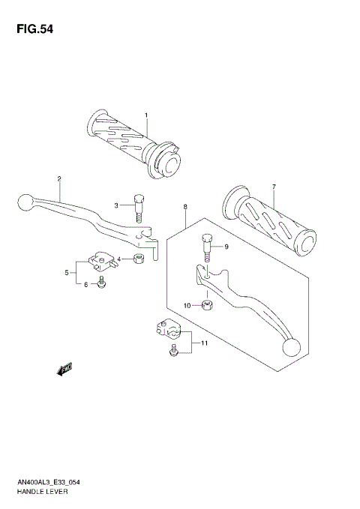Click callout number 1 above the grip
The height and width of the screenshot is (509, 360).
point(146,115)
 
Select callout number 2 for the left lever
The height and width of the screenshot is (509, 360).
point(58,178)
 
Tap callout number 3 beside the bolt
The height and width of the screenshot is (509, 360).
point(116,205)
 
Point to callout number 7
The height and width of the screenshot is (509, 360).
point(274,187)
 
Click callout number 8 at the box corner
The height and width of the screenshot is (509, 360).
point(184,205)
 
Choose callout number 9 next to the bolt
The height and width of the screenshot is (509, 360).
point(226,246)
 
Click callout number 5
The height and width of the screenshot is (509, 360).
point(67,272)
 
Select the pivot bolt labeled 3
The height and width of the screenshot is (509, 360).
point(139,208)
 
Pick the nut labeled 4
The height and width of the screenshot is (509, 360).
point(139,259)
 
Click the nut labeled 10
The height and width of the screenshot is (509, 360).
point(208,304)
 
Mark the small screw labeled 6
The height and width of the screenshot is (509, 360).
point(104,283)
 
